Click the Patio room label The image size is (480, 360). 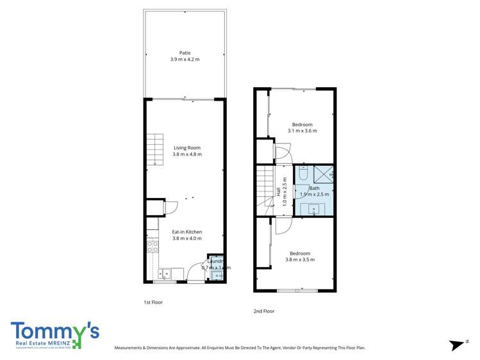click(185, 53)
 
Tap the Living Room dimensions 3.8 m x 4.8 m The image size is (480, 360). click(187, 154)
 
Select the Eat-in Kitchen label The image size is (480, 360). click(187, 232)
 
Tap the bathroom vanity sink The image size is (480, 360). click(314, 209)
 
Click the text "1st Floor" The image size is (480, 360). click(153, 302)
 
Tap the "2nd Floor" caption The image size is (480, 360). click(263, 311)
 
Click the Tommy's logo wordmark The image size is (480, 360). click(55, 332)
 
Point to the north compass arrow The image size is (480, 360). click(457, 345)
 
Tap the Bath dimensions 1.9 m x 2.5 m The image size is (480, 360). click(315, 194)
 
